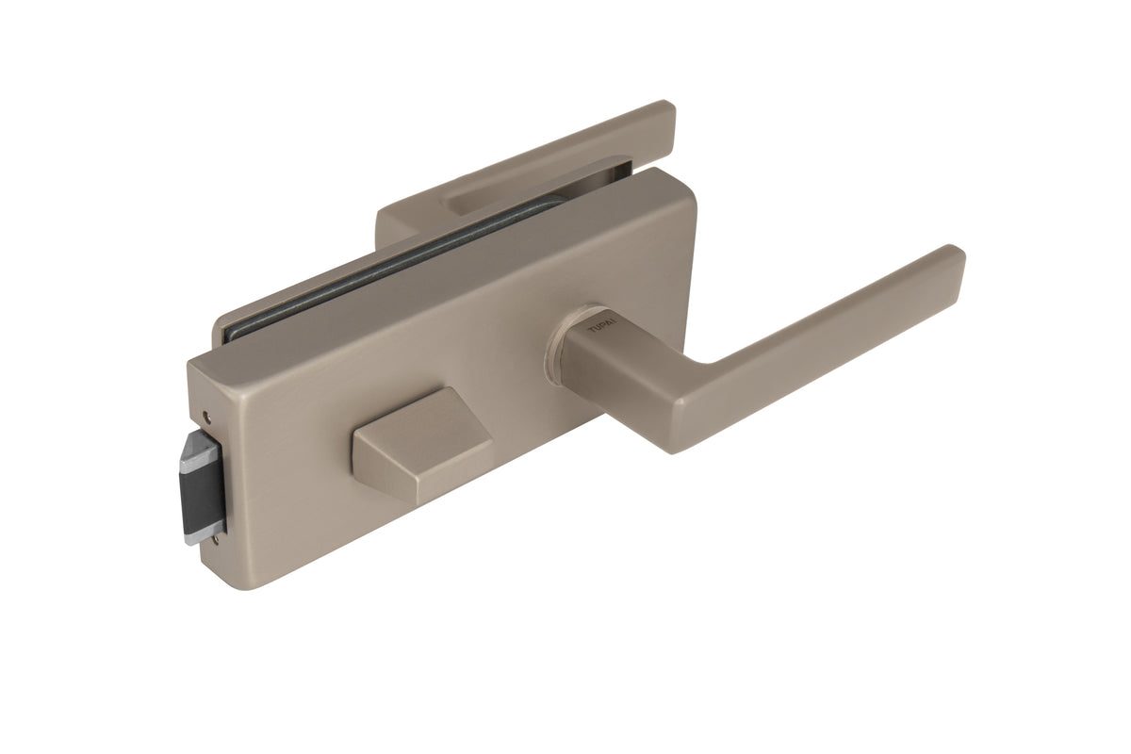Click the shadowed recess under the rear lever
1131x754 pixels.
[528, 184]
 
